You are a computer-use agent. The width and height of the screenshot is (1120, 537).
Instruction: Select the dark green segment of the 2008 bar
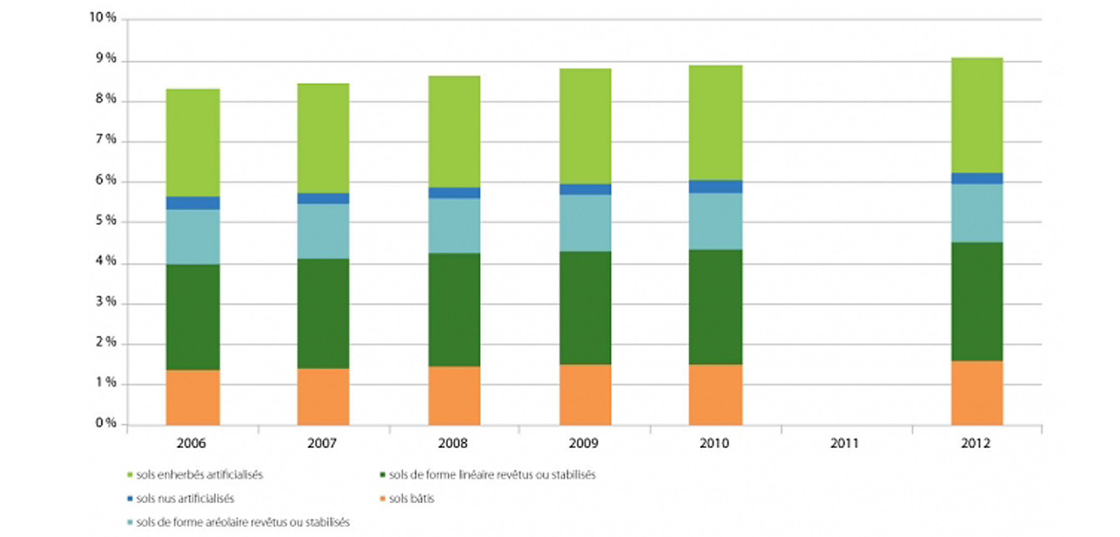point(454,309)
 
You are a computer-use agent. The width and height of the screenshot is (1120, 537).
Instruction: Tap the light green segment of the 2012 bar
point(977,115)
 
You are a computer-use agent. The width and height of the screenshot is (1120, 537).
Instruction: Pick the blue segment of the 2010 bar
point(715,187)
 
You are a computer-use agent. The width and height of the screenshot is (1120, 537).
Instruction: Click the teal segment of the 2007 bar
point(323,231)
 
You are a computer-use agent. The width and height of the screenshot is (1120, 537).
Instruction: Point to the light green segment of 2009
point(585,126)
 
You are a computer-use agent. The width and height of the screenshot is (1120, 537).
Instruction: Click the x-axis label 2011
point(844,443)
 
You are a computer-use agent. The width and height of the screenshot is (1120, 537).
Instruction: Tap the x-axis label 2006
point(191,443)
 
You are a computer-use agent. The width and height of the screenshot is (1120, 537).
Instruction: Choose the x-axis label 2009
point(584,443)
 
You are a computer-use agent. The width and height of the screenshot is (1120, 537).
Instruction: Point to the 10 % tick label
point(103,18)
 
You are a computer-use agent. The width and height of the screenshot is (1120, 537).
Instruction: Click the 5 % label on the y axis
point(106,221)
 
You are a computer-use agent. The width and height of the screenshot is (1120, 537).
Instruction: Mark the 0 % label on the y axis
point(106,423)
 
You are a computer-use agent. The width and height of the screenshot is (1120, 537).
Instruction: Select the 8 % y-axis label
point(106,99)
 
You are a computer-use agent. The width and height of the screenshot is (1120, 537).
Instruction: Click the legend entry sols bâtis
point(411,499)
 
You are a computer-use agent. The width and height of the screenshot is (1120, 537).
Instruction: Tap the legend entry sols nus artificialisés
point(185,499)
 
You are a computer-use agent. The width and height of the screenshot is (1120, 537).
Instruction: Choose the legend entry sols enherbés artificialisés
point(199,475)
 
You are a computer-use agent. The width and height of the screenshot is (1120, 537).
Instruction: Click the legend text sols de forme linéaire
point(492,475)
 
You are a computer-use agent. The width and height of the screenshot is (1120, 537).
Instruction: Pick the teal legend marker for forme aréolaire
point(129,522)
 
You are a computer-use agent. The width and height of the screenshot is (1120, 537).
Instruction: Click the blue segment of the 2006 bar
point(192,203)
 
